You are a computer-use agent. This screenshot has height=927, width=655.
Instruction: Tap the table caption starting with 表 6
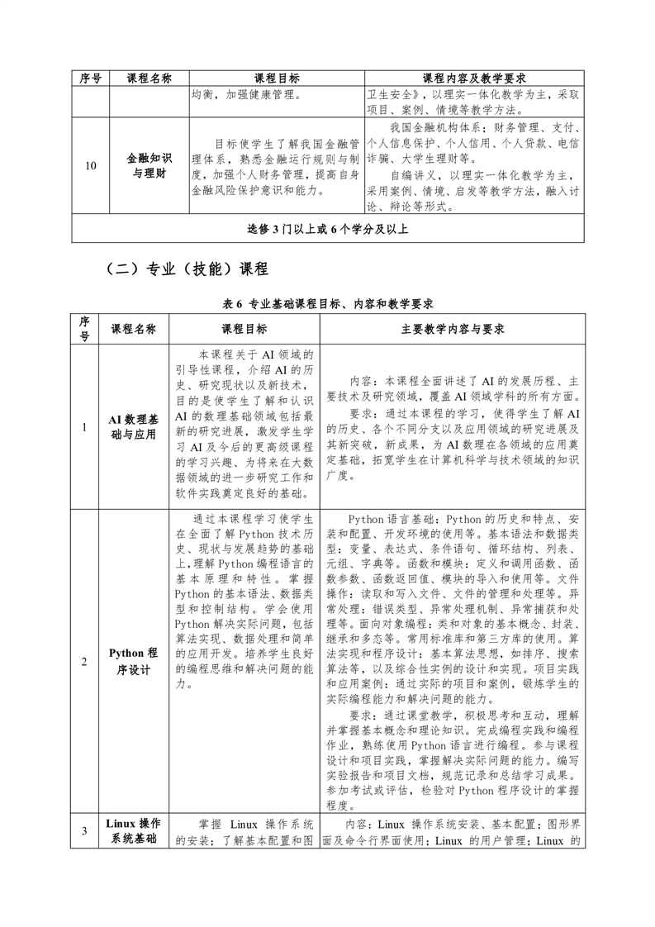pyautogui.click(x=328, y=304)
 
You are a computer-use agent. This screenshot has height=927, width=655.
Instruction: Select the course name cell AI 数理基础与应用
pyautogui.click(x=132, y=426)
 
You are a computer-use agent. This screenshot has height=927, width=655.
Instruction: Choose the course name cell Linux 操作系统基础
pyautogui.click(x=132, y=831)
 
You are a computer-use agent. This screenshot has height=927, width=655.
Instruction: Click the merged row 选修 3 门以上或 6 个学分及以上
pyautogui.click(x=328, y=228)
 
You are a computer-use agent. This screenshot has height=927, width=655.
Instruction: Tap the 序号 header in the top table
pyautogui.click(x=91, y=78)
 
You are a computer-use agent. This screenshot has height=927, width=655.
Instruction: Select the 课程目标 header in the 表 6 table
pyautogui.click(x=244, y=329)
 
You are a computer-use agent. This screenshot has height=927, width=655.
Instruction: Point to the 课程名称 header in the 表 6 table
pyautogui.click(x=132, y=329)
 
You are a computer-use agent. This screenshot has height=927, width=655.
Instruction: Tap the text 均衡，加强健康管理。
pyautogui.click(x=245, y=95)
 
